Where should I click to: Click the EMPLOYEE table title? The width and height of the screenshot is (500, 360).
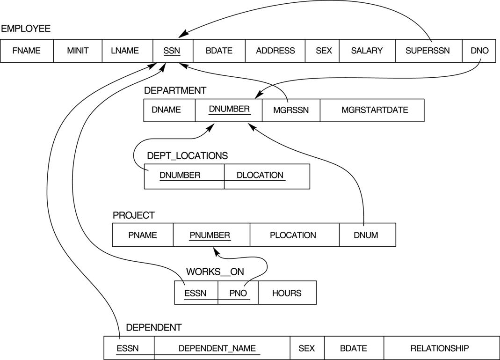pos(26,29)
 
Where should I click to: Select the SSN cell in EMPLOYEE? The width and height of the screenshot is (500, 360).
pos(172,51)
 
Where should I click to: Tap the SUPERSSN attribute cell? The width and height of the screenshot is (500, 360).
pos(428,51)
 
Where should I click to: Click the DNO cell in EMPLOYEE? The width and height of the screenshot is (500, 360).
pos(479,51)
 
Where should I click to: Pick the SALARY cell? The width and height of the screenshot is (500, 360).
pos(367,51)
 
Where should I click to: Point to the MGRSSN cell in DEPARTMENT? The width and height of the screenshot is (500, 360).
pos(291,110)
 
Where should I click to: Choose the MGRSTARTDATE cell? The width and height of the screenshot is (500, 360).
pos(375,110)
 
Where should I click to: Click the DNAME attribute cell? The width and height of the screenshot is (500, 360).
pos(166,110)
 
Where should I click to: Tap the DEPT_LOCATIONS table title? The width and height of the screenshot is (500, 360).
pos(187,156)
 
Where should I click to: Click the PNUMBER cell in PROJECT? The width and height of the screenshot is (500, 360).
pos(210,235)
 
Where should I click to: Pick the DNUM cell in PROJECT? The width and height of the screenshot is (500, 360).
pos(366,235)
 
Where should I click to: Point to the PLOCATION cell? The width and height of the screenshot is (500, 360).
pos(293,235)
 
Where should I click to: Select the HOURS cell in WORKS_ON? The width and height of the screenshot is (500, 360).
pos(287,293)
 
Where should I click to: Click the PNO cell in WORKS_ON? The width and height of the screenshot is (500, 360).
pos(238,293)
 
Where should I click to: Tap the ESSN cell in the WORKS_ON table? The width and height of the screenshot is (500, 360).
pos(196,293)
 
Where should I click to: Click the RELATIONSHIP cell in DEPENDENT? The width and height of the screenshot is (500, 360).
pos(439,348)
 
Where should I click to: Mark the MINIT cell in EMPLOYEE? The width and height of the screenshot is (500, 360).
pos(78,51)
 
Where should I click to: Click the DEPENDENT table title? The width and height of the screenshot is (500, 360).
pos(153,328)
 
